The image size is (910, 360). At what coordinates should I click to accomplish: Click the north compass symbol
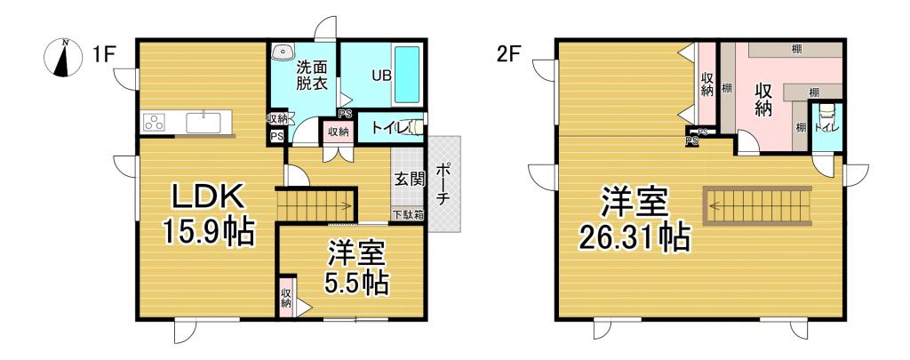[63, 58]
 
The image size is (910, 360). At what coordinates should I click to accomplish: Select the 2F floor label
[508, 56]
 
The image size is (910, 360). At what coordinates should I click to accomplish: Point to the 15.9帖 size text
[207, 233]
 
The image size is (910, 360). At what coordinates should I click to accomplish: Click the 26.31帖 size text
[633, 236]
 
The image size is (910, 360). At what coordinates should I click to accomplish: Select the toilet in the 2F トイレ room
[826, 115]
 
